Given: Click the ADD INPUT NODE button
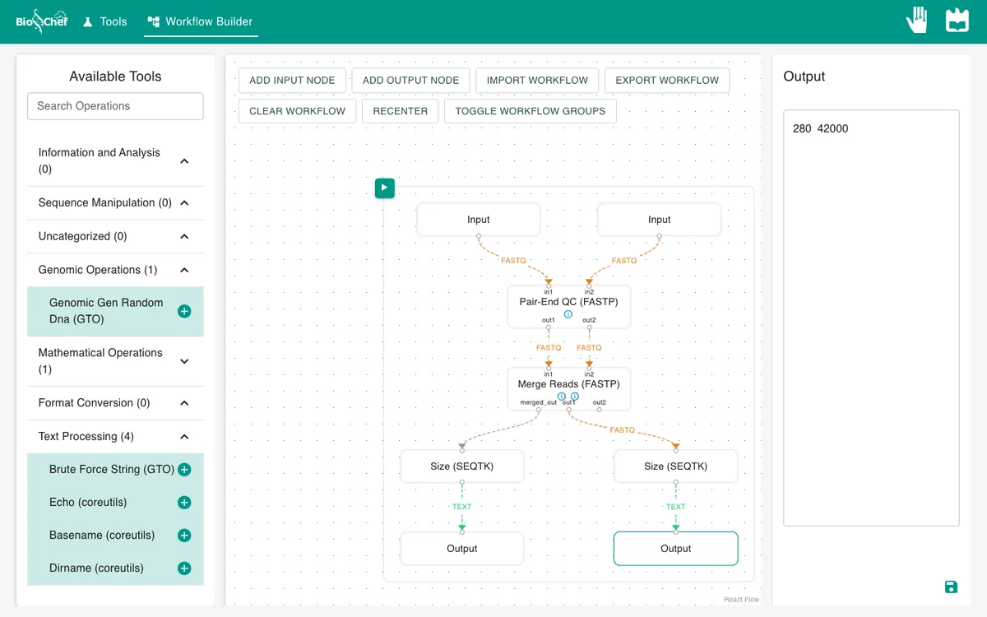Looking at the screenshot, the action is tap(292, 81).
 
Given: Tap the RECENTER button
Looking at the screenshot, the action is tap(400, 111).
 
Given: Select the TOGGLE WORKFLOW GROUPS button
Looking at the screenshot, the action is tap(530, 111).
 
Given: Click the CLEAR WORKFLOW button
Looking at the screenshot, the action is tap(298, 111).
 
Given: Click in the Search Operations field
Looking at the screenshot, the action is tap(115, 106).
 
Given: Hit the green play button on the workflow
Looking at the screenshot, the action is tap(385, 188).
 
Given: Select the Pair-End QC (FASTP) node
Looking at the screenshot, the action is tap(568, 306).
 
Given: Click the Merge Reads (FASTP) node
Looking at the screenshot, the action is tap(568, 388).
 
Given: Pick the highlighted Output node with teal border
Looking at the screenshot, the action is tap(675, 549).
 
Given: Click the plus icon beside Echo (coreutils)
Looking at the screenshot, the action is tap(184, 503).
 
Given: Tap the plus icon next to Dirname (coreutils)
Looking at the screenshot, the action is tap(184, 568).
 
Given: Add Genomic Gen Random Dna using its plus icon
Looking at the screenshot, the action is tap(184, 311).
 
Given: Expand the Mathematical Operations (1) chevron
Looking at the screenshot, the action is tap(184, 361).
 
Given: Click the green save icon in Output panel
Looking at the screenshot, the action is tap(951, 587).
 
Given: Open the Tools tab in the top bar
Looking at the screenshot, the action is tap(105, 21).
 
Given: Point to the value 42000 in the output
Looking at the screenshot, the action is tap(832, 128).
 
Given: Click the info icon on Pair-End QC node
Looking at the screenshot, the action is tap(568, 314).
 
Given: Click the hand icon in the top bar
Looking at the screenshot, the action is tap(917, 20).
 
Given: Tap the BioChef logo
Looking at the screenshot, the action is tap(42, 21).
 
